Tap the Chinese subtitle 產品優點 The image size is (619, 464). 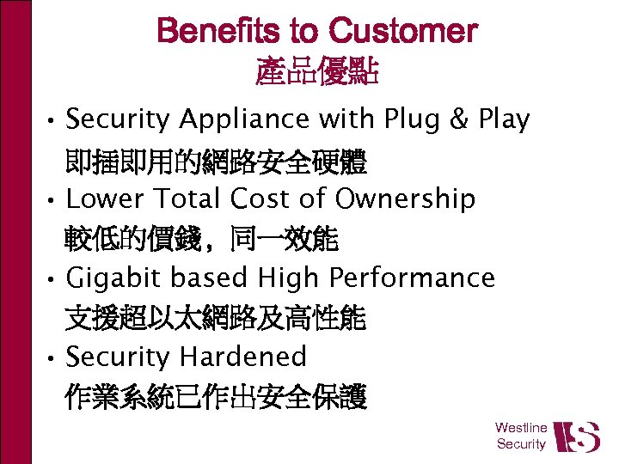click(317, 72)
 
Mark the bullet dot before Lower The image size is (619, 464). click(52, 201)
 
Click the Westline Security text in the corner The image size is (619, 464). click(521, 436)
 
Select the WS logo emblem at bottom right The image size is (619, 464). click(576, 436)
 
